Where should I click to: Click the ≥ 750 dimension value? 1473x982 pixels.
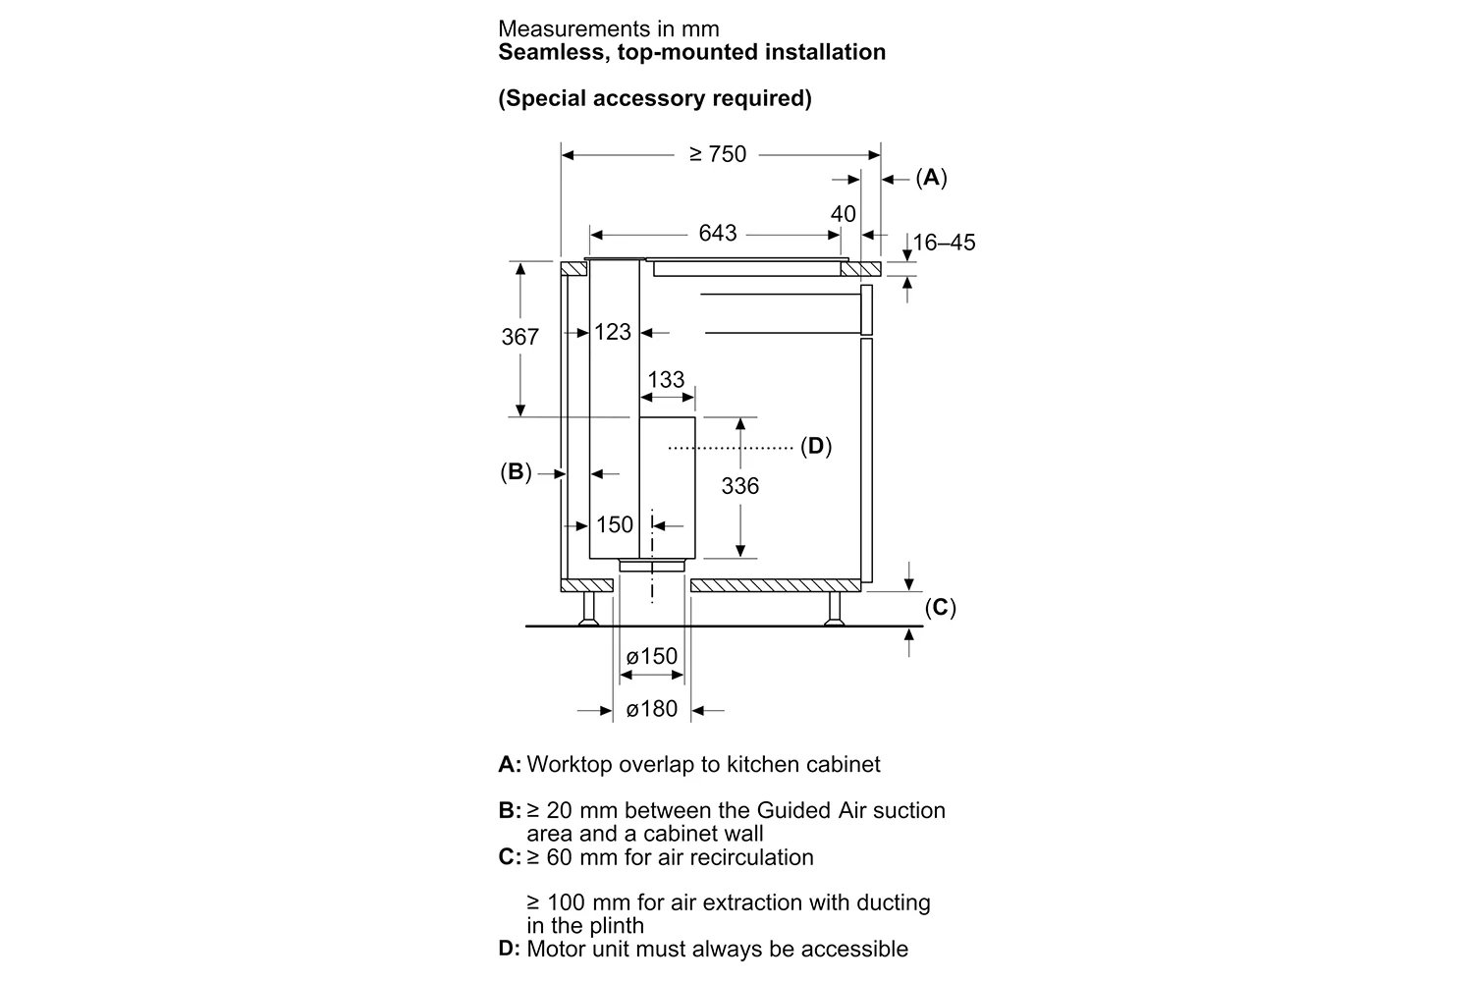[718, 154]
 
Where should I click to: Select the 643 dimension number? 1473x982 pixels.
[718, 233]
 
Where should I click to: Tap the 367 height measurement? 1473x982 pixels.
[519, 337]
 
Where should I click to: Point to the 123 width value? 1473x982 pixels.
[612, 332]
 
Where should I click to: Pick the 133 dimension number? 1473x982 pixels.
[666, 379]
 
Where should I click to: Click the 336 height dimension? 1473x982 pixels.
[739, 486]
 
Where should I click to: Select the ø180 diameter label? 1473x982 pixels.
[652, 709]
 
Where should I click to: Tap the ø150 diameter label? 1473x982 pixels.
[652, 656]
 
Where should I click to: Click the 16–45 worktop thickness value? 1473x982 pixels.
[944, 243]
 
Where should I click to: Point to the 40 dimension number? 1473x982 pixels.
[843, 214]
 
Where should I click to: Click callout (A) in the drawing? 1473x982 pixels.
[931, 178]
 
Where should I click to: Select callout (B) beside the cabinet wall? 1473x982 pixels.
[516, 472]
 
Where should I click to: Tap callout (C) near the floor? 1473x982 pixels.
[941, 607]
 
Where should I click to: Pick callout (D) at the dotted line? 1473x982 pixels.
[816, 447]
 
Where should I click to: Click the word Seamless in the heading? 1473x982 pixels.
[555, 52]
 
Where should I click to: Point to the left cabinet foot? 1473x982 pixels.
[588, 609]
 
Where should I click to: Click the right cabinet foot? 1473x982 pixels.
[835, 609]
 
